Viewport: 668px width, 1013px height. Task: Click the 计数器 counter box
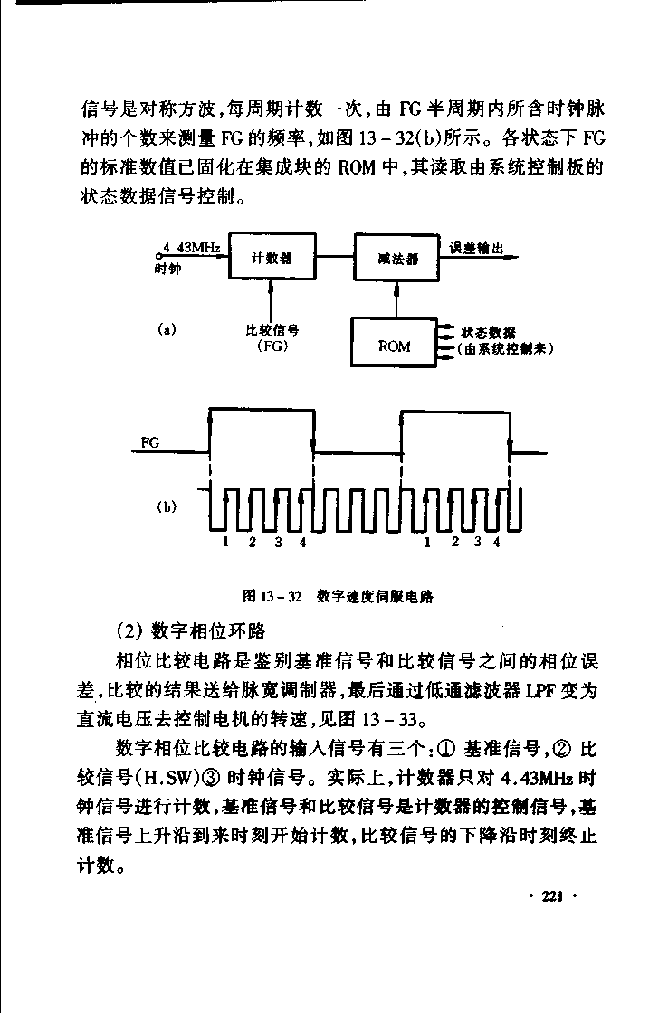(x=272, y=257)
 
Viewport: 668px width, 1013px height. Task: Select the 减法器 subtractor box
(x=397, y=257)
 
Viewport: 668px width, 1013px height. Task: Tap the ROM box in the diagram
(x=394, y=343)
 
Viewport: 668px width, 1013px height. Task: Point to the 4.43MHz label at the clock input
(x=191, y=248)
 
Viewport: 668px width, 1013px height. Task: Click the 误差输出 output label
(x=476, y=249)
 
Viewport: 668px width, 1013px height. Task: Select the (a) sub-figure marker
(x=167, y=330)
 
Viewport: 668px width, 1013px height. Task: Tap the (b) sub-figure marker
(x=167, y=507)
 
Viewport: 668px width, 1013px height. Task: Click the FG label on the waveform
(x=150, y=443)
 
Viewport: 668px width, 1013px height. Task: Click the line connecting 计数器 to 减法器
(x=335, y=257)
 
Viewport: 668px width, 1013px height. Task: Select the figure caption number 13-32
(x=282, y=596)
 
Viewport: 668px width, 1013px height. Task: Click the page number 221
(x=551, y=896)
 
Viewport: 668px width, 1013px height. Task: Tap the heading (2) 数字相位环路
(x=190, y=630)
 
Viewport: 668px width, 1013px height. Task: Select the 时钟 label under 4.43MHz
(x=168, y=269)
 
